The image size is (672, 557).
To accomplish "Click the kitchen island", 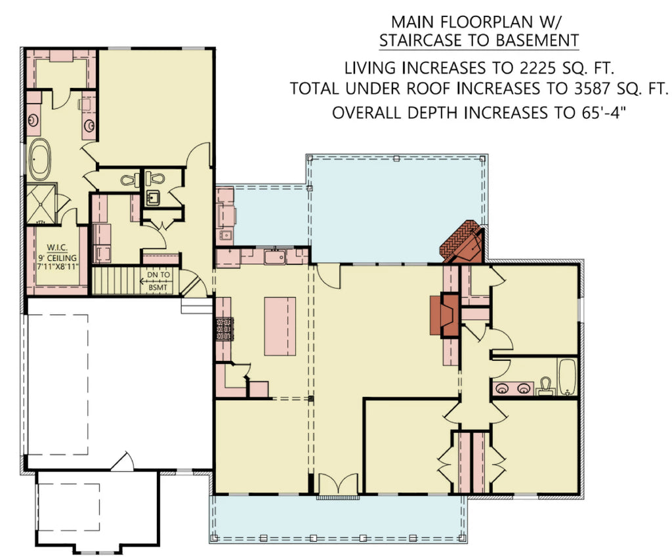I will pyautogui.click(x=280, y=326).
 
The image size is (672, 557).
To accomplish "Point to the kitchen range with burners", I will pyautogui.click(x=224, y=328).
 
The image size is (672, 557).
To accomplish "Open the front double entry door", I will pyautogui.click(x=337, y=486).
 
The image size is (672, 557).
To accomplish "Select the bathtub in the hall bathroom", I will pyautogui.click(x=566, y=376).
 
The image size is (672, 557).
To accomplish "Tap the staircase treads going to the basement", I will pyautogui.click(x=115, y=281).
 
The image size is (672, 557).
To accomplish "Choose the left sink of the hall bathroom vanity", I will pyautogui.click(x=503, y=388).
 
